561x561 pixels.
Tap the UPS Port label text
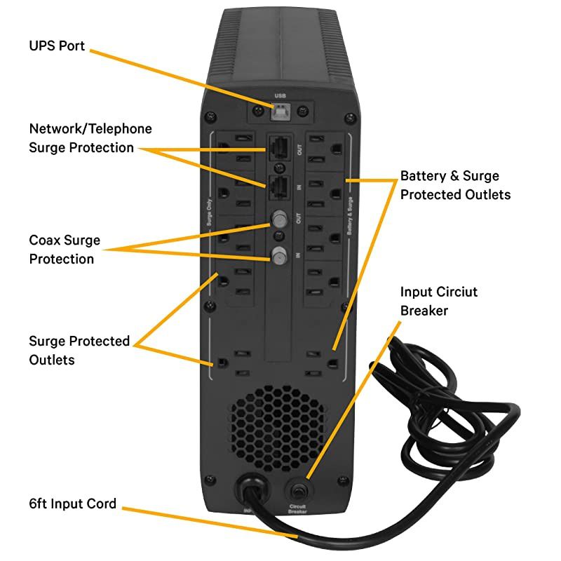coord(57,46)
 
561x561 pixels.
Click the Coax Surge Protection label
coord(65,250)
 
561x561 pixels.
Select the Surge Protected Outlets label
coord(79,350)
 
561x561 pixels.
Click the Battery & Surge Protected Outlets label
coord(455,184)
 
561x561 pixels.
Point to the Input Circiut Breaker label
coord(439,300)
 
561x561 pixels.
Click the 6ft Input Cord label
coord(73,503)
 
